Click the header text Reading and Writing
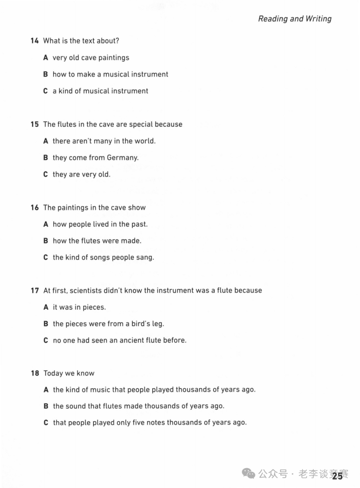pyautogui.click(x=295, y=19)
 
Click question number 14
pyautogui.click(x=35, y=41)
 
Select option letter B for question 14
pyautogui.click(x=46, y=74)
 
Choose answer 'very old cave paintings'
pyautogui.click(x=91, y=58)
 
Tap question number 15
pyautogui.click(x=35, y=124)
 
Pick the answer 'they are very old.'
pyautogui.click(x=81, y=174)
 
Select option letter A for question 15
pyautogui.click(x=46, y=141)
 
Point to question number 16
pyautogui.click(x=35, y=207)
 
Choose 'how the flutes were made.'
pyautogui.click(x=97, y=241)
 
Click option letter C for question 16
pyautogui.click(x=46, y=257)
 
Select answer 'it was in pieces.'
pyautogui.click(x=79, y=307)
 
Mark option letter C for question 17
pyautogui.click(x=46, y=340)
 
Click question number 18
pyautogui.click(x=35, y=373)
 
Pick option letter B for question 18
pyautogui.click(x=46, y=406)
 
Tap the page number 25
pyautogui.click(x=337, y=476)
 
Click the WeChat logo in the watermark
pyautogui.click(x=248, y=473)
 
